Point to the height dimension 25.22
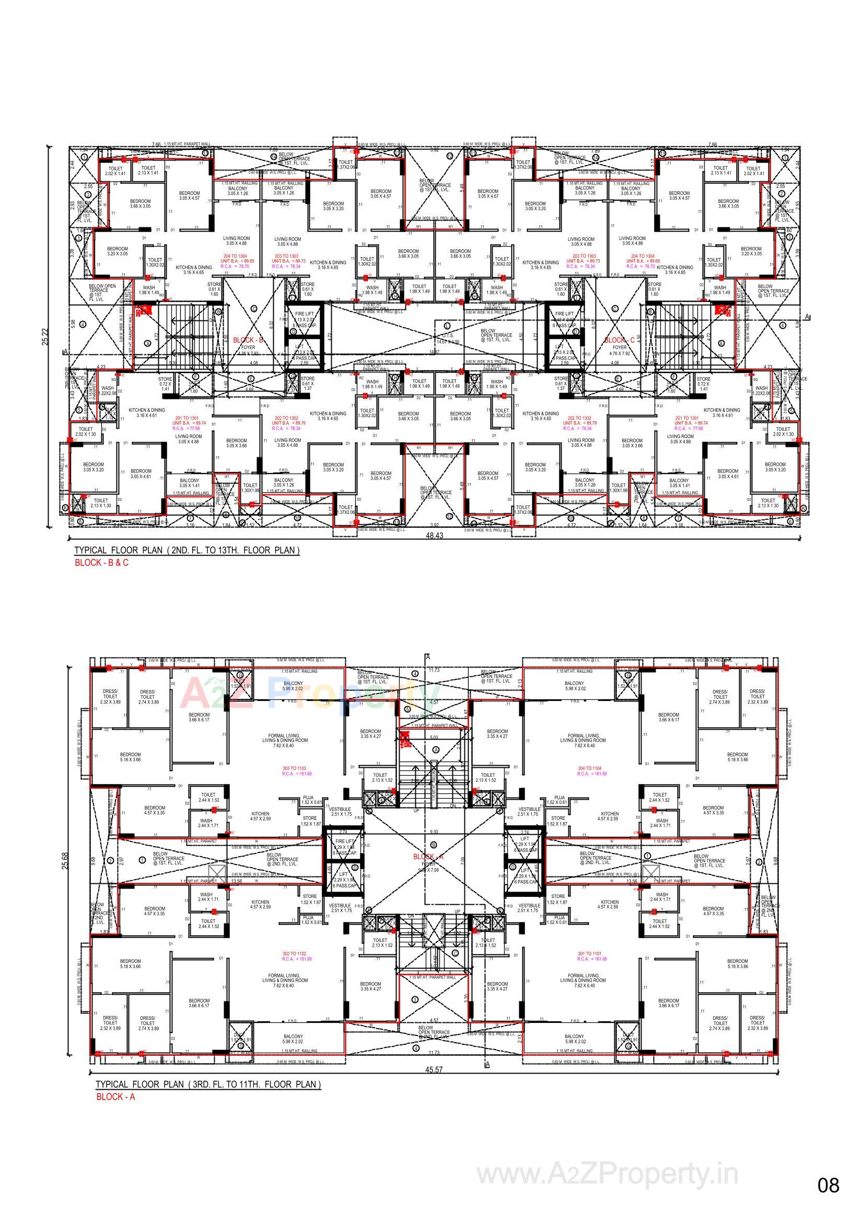tap(45, 337)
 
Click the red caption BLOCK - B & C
tap(101, 562)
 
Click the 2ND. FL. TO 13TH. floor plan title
tap(186, 550)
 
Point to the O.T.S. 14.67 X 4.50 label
tap(447, 340)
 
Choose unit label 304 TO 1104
tap(589, 768)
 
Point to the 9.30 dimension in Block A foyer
tap(434, 832)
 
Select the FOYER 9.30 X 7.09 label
tap(429, 867)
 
